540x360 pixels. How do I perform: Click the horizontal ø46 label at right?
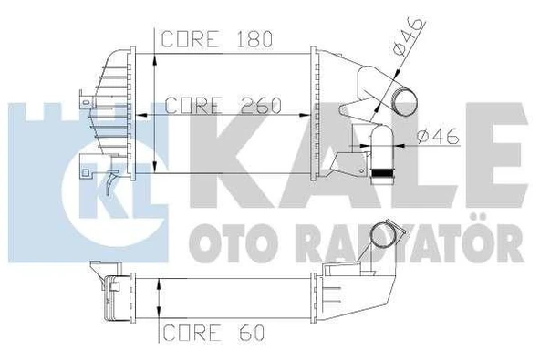point(435,138)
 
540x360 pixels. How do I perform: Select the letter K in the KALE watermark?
point(220,155)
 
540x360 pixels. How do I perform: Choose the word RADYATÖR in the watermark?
point(401,242)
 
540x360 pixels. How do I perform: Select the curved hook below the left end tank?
point(110,186)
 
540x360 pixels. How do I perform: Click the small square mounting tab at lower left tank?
point(88,167)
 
